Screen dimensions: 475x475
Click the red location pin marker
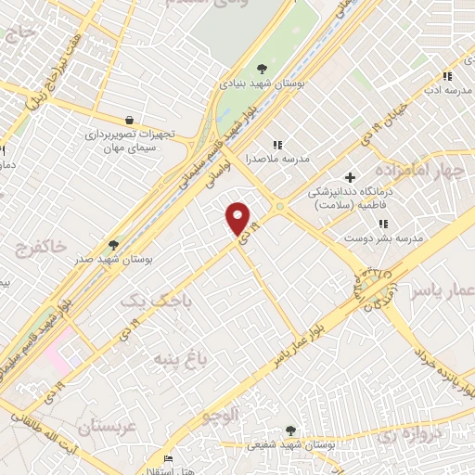238,217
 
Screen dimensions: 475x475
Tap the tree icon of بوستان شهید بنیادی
263,67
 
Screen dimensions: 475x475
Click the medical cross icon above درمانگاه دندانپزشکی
350,177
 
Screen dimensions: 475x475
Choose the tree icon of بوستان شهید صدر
113,244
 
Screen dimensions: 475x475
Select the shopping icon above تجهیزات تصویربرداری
129,120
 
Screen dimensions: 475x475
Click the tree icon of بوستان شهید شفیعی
290,430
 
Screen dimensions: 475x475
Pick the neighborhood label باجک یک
147,301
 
